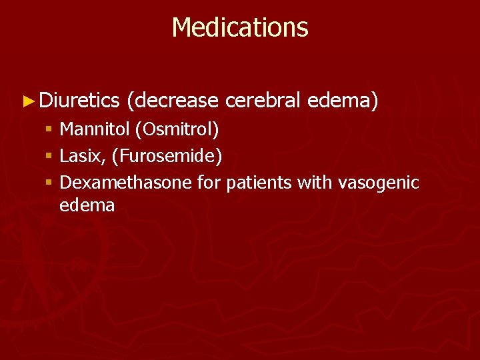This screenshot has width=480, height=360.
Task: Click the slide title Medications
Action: point(240,28)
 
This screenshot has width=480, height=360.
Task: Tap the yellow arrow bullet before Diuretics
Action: point(27,101)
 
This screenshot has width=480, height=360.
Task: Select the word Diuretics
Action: point(79,101)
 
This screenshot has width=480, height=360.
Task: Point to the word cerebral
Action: point(263,101)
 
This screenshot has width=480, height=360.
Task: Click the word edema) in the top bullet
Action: point(343,101)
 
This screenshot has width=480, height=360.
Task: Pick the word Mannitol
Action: point(95,129)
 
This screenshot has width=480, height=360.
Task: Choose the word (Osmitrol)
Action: point(177,129)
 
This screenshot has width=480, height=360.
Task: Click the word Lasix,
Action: point(83,156)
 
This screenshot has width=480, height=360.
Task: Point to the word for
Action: point(209,183)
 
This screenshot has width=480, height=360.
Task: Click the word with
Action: point(315,183)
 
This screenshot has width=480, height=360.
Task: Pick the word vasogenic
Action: point(379,183)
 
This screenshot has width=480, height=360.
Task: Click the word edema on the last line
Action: point(87,205)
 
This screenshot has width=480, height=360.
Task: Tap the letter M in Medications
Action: point(183,28)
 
